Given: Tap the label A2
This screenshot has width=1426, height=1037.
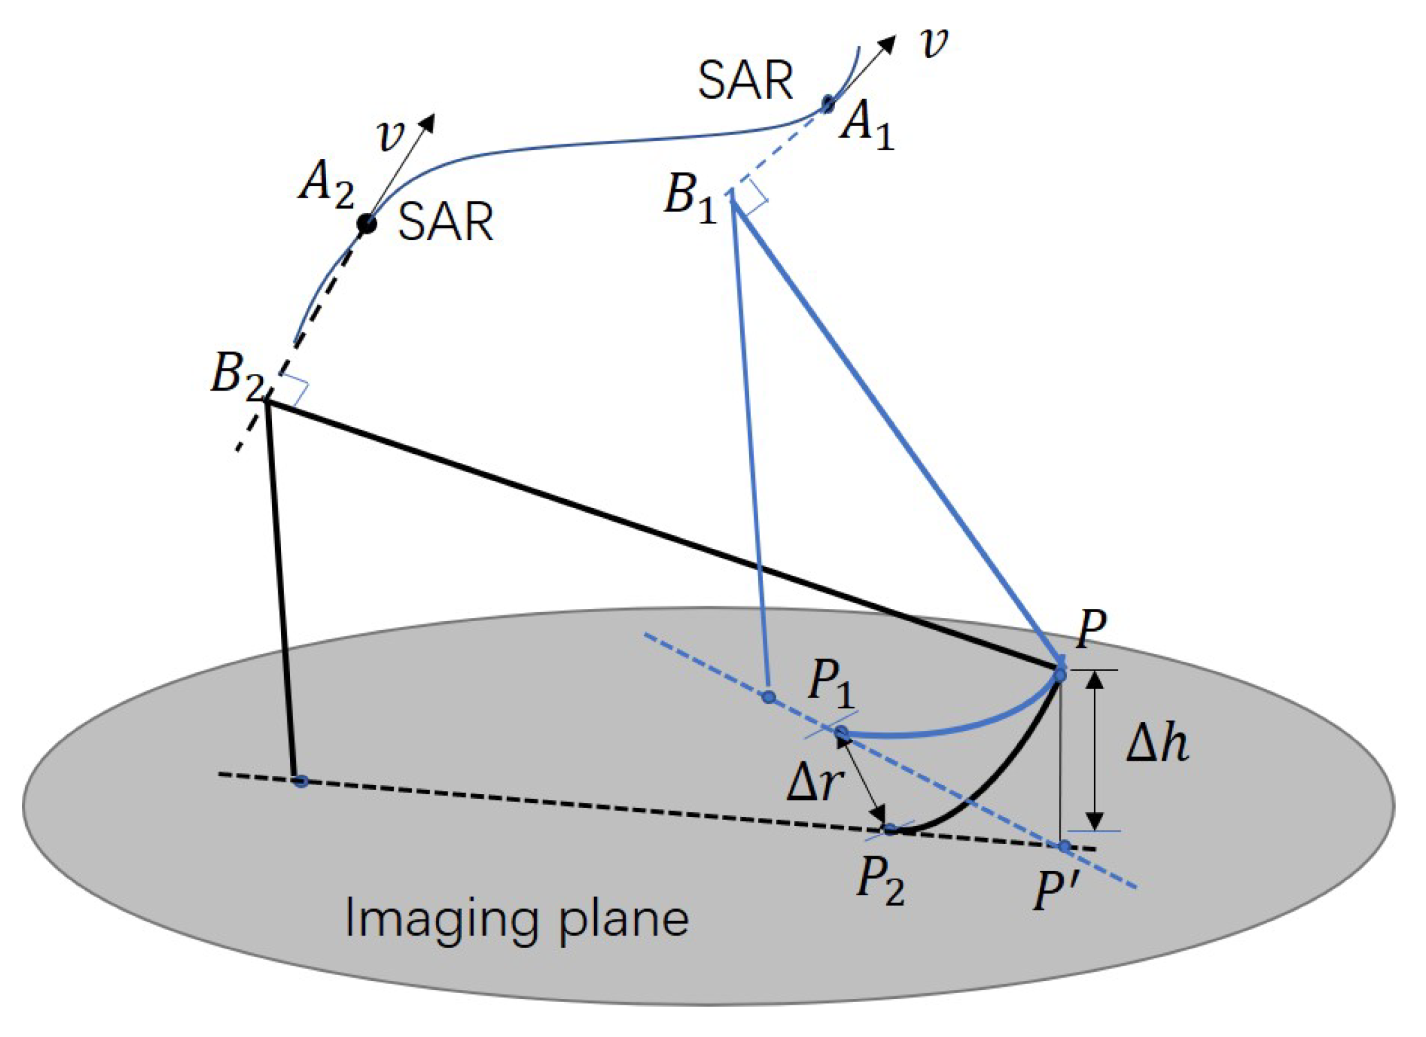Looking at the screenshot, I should click(x=326, y=186).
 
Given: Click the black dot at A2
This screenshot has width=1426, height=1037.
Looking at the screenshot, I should click(x=367, y=224).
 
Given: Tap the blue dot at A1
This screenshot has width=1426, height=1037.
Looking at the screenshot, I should click(x=827, y=103).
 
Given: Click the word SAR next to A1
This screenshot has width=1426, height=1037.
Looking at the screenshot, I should click(x=746, y=81).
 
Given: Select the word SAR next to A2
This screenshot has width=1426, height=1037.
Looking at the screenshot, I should click(x=446, y=222).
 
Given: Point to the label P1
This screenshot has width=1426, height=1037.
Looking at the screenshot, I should click(x=831, y=685).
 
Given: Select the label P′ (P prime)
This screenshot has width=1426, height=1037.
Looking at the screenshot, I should click(x=1053, y=891).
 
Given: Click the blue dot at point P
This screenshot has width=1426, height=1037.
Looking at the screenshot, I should click(x=1060, y=675).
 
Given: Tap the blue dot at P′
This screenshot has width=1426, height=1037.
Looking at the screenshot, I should click(x=1064, y=846).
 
